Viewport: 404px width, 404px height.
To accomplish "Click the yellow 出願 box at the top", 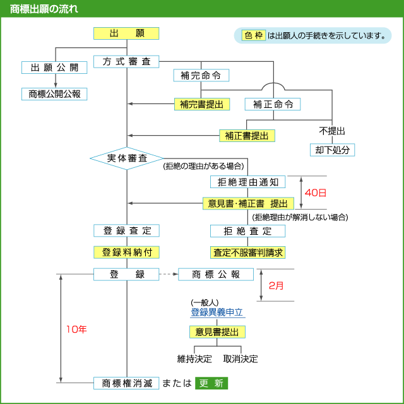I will point(126,33).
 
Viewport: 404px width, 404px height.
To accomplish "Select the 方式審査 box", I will point(126,61).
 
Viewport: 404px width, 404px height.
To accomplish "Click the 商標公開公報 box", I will point(54,93).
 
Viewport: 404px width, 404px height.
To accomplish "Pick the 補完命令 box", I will point(201,75).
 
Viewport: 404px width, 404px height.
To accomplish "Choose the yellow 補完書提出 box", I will point(201,104).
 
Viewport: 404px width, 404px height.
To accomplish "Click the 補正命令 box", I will point(273,104).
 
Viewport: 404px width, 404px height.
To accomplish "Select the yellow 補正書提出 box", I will point(247,135).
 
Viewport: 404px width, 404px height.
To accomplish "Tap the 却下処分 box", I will point(332,150).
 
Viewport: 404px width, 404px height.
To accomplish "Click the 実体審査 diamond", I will point(126,158).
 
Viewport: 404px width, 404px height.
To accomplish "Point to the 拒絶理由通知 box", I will point(247,182).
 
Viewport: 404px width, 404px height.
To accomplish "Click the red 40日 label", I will point(316,192).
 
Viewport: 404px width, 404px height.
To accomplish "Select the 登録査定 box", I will point(126,231).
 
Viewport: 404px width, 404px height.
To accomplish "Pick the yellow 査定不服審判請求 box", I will point(247,252).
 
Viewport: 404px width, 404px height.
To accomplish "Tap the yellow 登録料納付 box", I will point(126,252).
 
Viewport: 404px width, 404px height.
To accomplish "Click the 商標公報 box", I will point(217,274).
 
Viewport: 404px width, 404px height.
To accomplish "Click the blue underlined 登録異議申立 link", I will point(217,312).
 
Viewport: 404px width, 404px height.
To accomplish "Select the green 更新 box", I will point(211,383).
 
